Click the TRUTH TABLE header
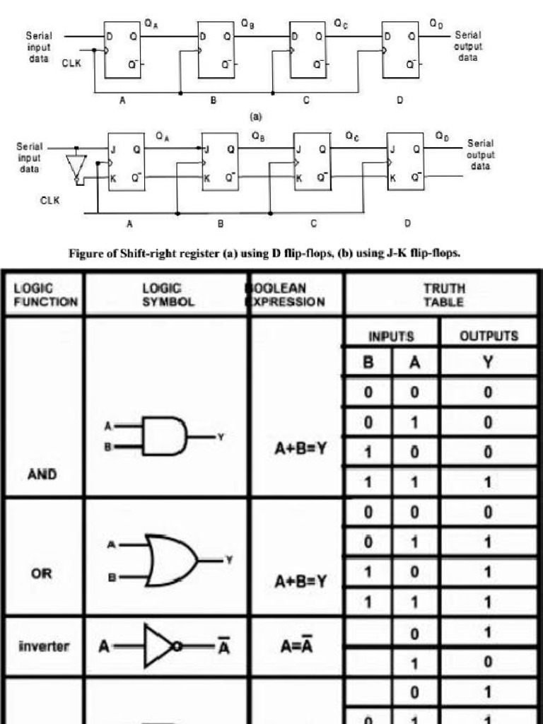[444, 296]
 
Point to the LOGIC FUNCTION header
[45, 296]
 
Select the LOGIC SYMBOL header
[166, 296]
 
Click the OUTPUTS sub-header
[489, 335]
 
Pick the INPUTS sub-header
[390, 335]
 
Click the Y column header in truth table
[488, 362]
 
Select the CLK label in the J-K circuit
[49, 200]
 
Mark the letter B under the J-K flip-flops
[221, 223]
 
